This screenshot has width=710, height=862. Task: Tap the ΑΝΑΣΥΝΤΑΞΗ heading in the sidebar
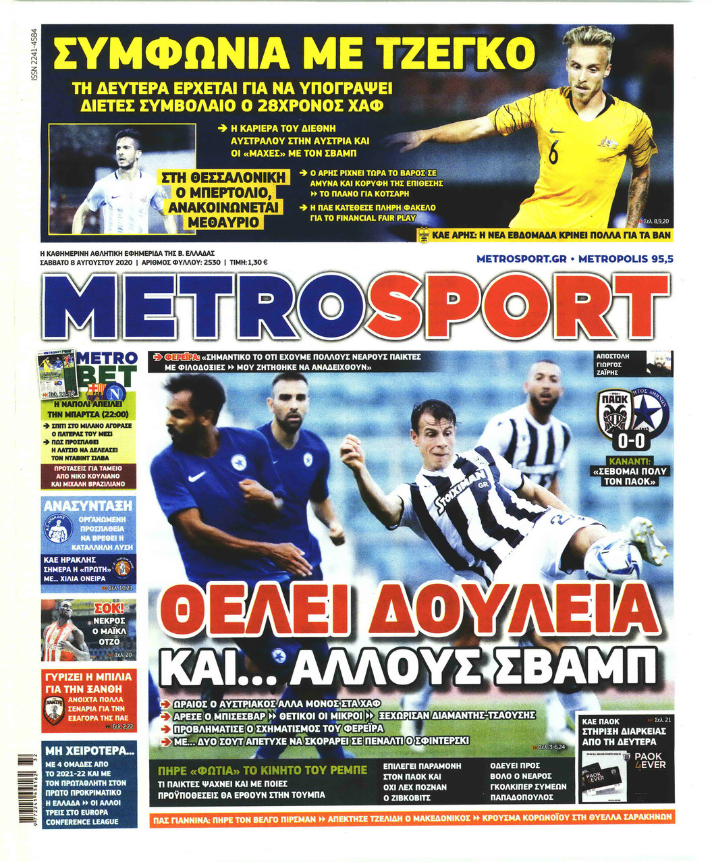point(88,506)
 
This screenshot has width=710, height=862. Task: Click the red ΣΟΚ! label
point(111,608)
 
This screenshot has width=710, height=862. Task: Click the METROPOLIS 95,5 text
point(626,259)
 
